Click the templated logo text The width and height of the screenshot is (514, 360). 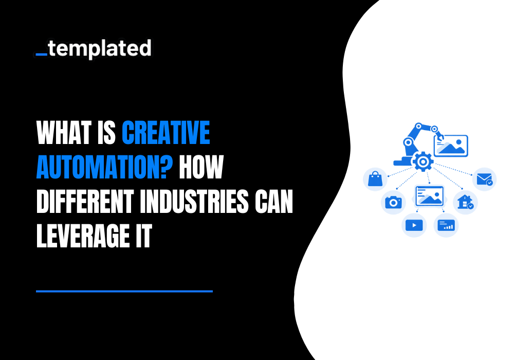[x=101, y=49]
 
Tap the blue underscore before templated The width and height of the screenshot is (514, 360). [x=42, y=53]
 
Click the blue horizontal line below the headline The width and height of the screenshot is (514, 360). [x=124, y=291]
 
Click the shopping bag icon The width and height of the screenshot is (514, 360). [x=375, y=179]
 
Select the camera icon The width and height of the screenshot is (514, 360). [x=393, y=202]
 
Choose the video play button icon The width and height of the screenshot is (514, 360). [x=414, y=225]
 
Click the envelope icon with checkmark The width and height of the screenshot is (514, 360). [x=484, y=179]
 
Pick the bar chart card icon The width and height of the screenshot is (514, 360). [x=446, y=225]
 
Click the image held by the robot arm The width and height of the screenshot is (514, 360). [x=451, y=145]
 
